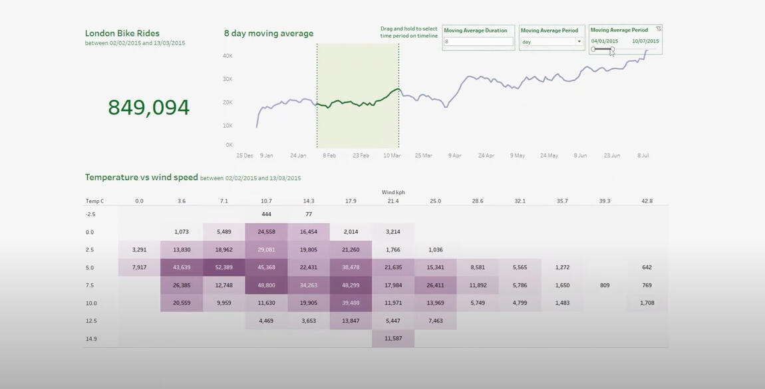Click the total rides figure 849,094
coord(148,107)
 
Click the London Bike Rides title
coord(122,33)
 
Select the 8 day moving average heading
coord(269,33)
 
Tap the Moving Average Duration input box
coord(478,42)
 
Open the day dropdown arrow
coord(579,42)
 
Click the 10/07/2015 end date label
coord(645,41)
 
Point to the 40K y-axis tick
coord(228,56)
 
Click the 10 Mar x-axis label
coord(392,156)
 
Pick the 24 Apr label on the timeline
coord(486,156)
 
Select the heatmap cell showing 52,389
coord(224,267)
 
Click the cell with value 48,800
coord(266,285)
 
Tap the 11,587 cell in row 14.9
coord(393,338)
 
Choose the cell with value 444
coord(266,214)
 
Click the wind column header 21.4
coord(393,201)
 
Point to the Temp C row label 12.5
coord(90,321)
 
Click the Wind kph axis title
coord(393,192)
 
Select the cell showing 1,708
coord(647,303)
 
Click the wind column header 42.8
coord(647,201)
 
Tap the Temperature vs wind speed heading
coord(141,178)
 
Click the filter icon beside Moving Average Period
coord(659,29)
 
